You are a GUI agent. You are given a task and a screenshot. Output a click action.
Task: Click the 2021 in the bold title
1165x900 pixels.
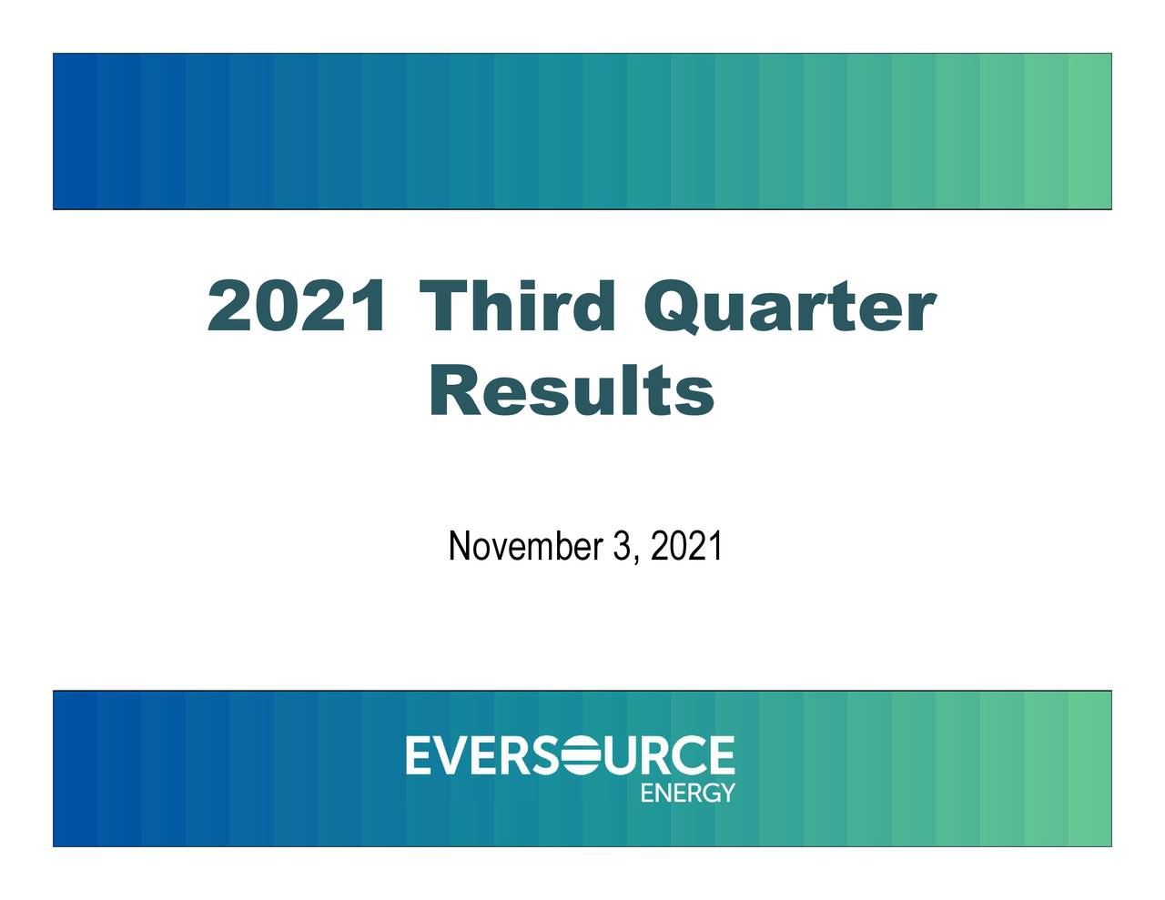[296, 307]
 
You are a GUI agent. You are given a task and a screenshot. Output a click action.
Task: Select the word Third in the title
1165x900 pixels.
[516, 307]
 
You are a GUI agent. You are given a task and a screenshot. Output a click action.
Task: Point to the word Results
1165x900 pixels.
[572, 391]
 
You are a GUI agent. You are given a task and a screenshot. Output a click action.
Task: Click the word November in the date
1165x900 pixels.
[525, 547]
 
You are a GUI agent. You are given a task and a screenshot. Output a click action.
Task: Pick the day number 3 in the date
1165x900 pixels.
[623, 547]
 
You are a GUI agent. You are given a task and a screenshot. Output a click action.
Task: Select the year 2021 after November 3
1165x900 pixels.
[687, 547]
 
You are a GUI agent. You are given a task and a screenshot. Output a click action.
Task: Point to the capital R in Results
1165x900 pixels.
[455, 391]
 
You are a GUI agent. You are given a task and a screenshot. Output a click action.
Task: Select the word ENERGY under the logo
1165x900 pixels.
[687, 793]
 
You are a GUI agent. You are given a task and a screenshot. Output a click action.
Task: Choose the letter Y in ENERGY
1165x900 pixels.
[726, 793]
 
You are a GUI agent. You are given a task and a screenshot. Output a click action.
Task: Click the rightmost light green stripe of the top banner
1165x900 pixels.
[1089, 131]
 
